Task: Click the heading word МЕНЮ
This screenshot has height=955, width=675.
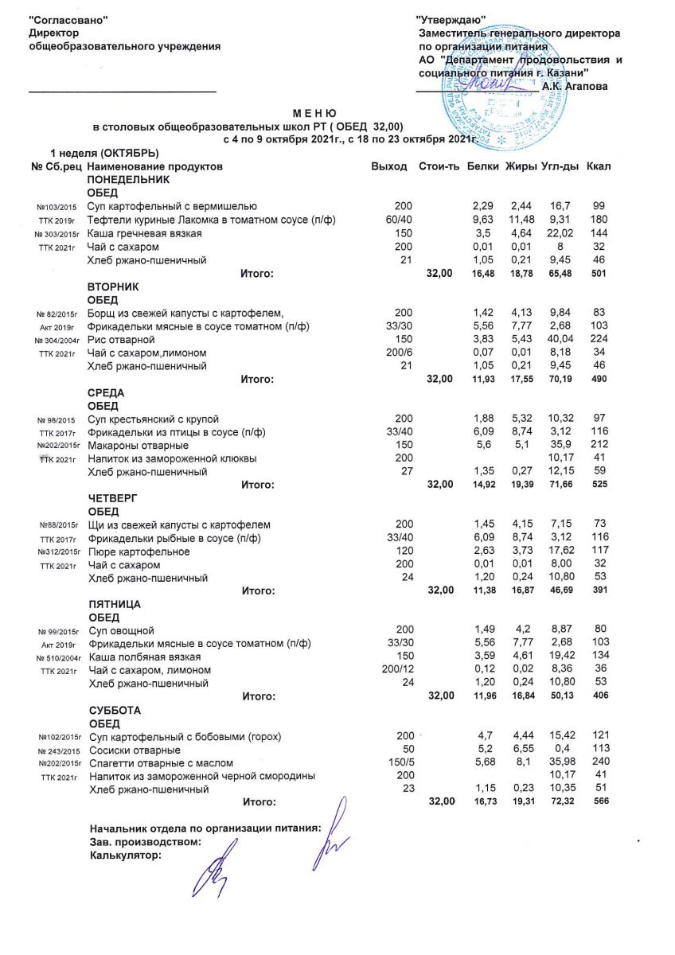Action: [x=314, y=115]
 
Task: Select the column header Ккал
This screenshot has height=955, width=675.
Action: [x=598, y=166]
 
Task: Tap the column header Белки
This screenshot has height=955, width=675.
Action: [x=483, y=166]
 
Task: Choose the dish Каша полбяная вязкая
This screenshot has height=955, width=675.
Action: [x=144, y=657]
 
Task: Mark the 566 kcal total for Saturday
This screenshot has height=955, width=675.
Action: [x=601, y=801]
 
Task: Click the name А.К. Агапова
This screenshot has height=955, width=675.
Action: [x=574, y=86]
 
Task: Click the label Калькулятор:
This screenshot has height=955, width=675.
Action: [x=125, y=856]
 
